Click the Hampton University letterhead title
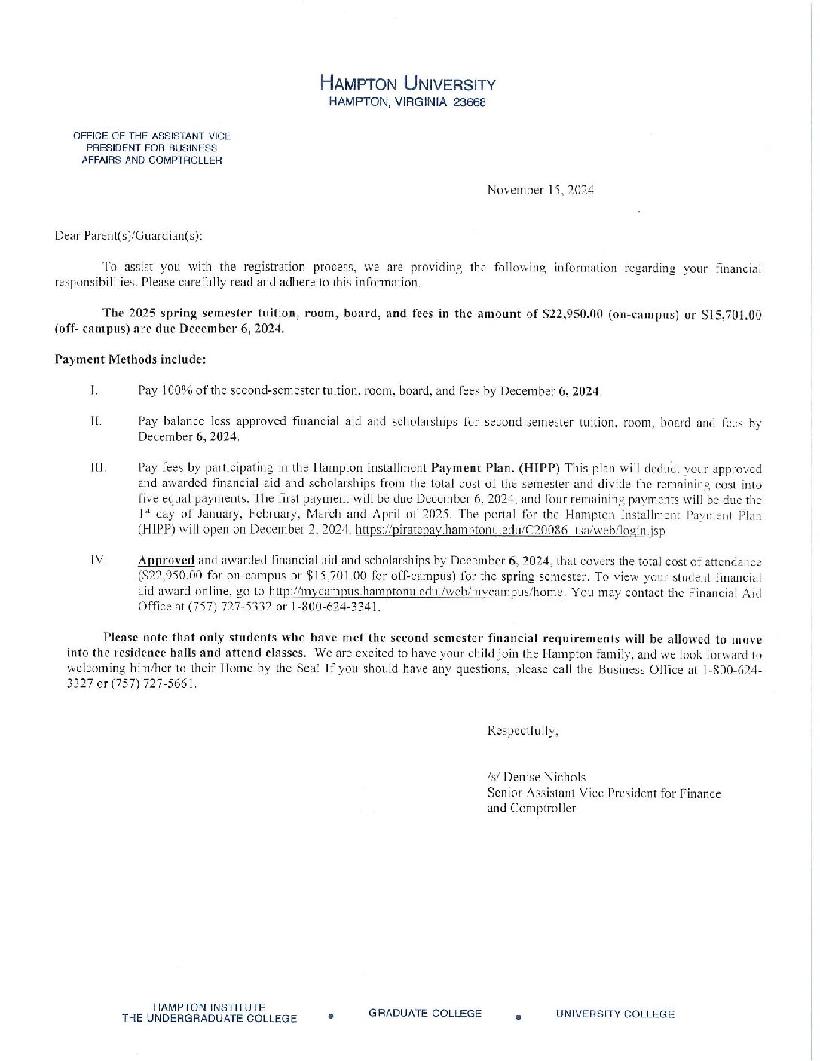pos(408,83)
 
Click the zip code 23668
pos(470,102)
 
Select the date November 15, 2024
pos(540,190)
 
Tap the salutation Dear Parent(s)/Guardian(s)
pos(129,235)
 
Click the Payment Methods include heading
pos(130,359)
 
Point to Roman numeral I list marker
pos(93,390)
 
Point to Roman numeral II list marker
pos(96,421)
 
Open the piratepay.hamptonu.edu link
pos(510,530)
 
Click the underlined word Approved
pos(166,561)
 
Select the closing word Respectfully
pos(522,730)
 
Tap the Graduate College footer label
pos(425,1014)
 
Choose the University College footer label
pos(615,1014)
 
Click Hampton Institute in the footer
pos(209,1007)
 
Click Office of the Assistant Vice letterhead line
pos(151,136)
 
